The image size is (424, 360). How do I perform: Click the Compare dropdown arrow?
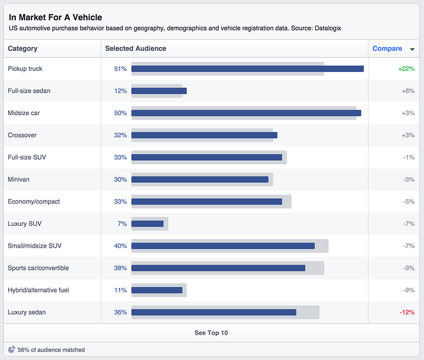pos(412,49)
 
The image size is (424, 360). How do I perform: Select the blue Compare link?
pos(387,48)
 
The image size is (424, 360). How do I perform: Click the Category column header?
pos(22,48)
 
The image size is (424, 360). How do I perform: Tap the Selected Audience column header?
pos(136,48)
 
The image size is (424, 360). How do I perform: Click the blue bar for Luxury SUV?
pos(147,224)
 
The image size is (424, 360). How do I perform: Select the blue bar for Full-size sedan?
pos(159,91)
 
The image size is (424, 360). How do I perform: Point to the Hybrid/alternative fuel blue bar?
pos(157,290)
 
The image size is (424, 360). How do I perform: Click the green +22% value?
pos(406,69)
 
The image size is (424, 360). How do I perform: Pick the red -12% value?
pos(407,312)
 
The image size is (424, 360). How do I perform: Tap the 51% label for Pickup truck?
pos(120,69)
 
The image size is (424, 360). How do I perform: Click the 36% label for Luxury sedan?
pos(120,312)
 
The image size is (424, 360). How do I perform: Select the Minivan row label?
pos(19,179)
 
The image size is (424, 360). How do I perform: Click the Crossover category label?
pos(22,135)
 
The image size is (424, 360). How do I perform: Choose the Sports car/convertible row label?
pos(38,268)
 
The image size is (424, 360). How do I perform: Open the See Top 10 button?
pos(211,333)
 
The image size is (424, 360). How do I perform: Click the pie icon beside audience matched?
pos(11,349)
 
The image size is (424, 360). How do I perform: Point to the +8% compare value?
pos(408,91)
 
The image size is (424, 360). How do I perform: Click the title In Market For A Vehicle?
pos(56,17)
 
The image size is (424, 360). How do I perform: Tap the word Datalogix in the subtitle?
pos(328,29)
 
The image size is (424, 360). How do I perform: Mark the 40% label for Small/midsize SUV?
pos(120,246)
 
